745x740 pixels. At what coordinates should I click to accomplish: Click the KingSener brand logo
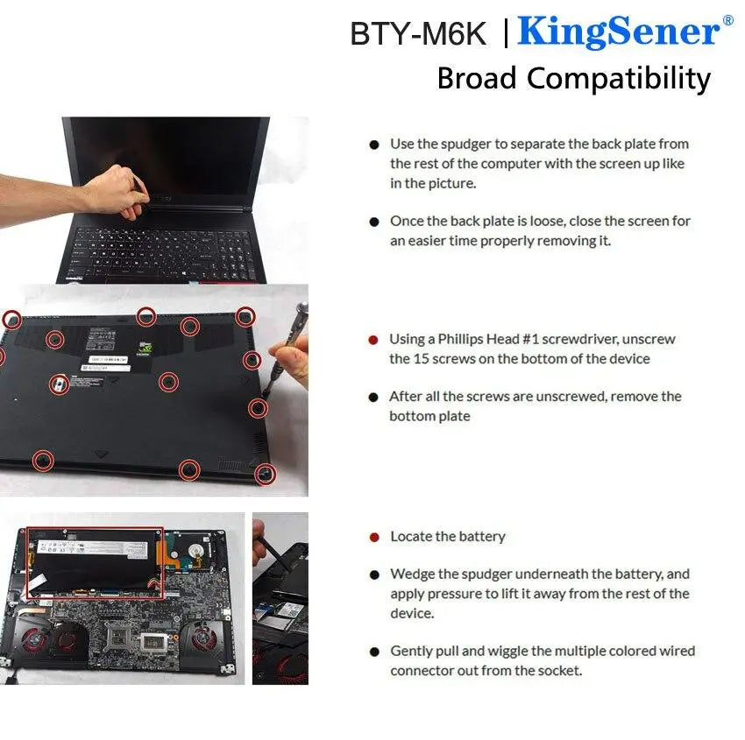(618, 32)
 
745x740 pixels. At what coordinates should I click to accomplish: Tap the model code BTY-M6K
(417, 33)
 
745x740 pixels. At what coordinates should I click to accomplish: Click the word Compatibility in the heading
(618, 79)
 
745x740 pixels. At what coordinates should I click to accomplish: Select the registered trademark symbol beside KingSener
(727, 19)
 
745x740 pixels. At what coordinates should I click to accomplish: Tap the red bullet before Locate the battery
(374, 537)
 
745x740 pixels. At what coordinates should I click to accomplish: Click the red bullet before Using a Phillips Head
(373, 340)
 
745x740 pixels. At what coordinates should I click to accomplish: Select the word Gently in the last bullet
(412, 651)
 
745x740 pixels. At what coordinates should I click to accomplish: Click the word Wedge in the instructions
(412, 574)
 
